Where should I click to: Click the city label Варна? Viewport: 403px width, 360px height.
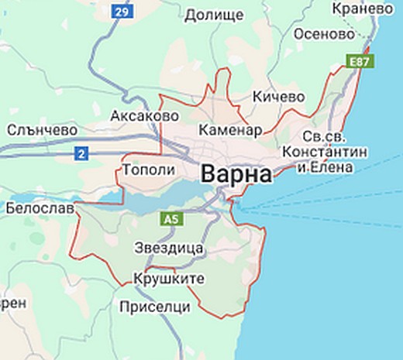point(236,174)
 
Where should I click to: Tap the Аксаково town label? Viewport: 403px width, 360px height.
point(145,115)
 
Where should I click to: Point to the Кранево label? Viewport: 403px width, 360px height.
point(361,9)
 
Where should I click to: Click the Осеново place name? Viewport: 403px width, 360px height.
point(324,35)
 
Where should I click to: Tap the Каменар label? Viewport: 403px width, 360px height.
point(230,129)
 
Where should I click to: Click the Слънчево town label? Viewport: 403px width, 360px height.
point(42,130)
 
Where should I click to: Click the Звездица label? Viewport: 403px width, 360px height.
point(169,249)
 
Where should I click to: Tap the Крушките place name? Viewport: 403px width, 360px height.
point(168,278)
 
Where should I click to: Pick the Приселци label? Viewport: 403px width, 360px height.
point(155,307)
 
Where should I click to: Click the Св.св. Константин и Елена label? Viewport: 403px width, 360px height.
point(324,151)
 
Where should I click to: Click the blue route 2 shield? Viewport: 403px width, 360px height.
point(81,154)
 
